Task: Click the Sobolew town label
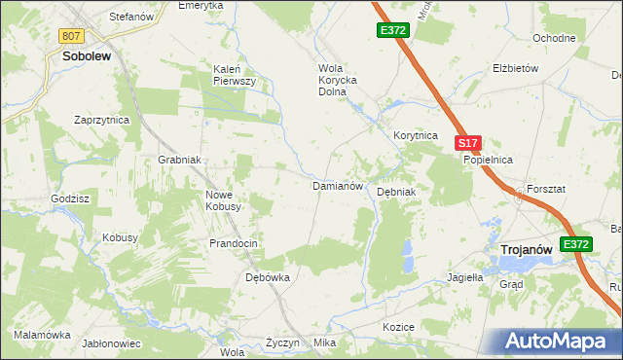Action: point(87,56)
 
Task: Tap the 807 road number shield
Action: point(70,36)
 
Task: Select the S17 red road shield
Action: point(467,143)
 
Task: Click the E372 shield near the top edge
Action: point(393,31)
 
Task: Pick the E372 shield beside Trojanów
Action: point(576,245)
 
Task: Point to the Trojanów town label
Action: point(527,250)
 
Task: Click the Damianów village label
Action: point(337,185)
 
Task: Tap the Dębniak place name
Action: point(396,192)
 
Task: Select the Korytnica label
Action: point(416,136)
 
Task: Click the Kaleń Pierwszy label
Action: point(234,75)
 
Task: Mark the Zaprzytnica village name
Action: point(102,120)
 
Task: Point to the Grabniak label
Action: point(179,160)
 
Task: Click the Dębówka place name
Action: point(268,277)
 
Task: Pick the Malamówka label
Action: point(43,335)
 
